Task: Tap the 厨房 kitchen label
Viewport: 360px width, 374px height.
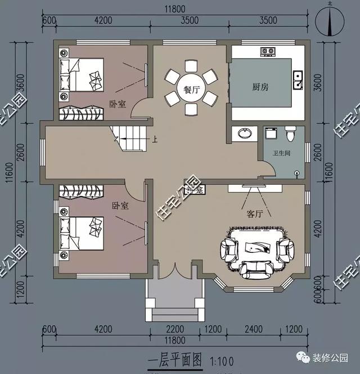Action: coord(260,87)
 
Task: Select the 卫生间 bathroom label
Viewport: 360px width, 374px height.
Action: coord(281,153)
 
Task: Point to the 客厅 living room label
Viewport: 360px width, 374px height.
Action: coord(255,214)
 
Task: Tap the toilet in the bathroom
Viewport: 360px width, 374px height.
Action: coord(290,135)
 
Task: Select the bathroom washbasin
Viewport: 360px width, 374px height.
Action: coord(245,134)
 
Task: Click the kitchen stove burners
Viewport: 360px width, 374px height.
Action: coord(267,52)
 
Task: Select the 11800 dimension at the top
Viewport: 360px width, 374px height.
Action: coord(176,8)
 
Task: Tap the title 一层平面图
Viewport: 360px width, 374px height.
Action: coord(175,360)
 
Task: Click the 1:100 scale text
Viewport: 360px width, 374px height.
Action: coord(221,360)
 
